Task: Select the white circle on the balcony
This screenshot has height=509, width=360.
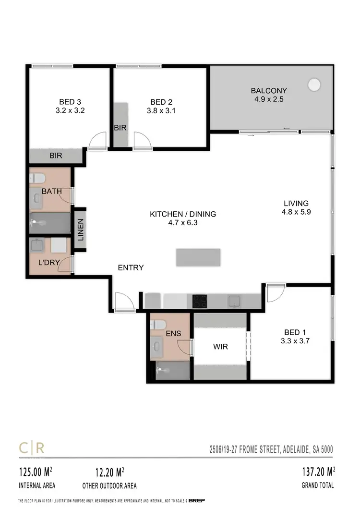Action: (314, 85)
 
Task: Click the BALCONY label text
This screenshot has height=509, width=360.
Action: (269, 91)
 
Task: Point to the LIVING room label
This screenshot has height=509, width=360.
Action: (296, 203)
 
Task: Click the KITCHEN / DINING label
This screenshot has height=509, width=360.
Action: (183, 214)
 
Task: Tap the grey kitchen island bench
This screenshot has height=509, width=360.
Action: (198, 257)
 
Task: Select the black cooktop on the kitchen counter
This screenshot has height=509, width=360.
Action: (200, 301)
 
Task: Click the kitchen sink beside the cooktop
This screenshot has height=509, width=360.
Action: (234, 301)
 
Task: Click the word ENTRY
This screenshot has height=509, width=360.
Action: (131, 267)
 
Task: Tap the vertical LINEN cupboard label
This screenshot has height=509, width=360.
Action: (81, 230)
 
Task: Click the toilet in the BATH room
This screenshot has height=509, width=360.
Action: (37, 178)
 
